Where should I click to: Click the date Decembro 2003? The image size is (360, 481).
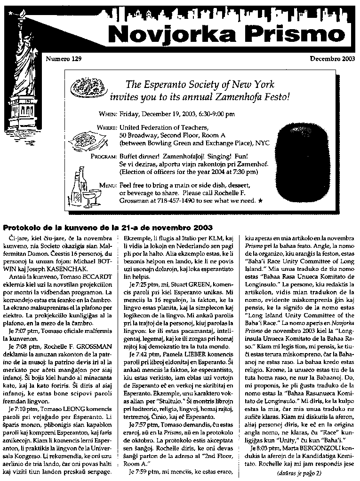tap(329, 59)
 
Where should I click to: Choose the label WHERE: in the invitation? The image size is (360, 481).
tap(106, 128)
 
